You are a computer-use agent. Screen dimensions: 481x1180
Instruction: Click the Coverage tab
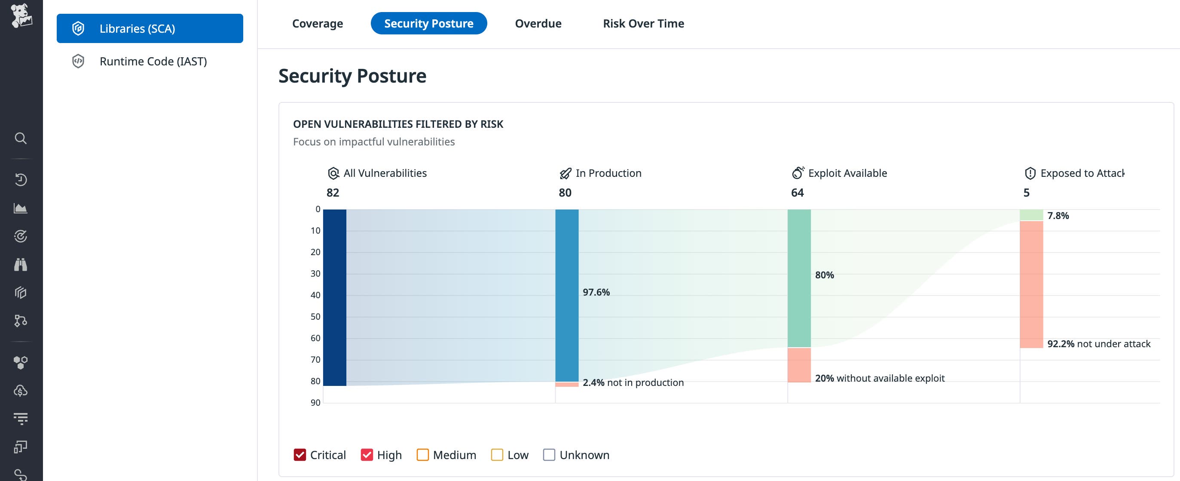(318, 23)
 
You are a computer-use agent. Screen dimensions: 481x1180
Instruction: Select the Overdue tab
(538, 23)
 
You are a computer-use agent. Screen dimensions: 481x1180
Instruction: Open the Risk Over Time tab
(643, 23)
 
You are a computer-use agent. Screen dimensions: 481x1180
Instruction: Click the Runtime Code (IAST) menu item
(153, 61)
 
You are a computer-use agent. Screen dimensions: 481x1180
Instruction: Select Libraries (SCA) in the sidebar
(150, 28)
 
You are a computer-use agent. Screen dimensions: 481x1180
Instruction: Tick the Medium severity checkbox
(422, 454)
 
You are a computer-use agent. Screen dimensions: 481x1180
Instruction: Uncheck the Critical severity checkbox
(300, 454)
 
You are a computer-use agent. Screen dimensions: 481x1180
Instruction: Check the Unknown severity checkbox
(549, 454)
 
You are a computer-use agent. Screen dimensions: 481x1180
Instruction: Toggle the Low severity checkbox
(497, 454)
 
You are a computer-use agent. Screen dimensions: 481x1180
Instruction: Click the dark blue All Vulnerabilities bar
(334, 297)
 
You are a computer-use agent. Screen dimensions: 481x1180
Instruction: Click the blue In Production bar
(567, 295)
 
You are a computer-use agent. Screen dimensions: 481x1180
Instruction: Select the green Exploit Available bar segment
(799, 278)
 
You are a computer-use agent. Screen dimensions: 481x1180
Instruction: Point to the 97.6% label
(596, 292)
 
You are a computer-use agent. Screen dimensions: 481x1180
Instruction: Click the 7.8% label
(1058, 216)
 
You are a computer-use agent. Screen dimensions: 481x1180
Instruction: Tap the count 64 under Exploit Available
(797, 193)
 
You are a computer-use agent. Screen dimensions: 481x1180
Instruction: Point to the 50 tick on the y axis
(315, 316)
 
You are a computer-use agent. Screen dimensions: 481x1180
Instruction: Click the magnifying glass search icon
(21, 138)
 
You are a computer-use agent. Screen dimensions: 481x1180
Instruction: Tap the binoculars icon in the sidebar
(21, 265)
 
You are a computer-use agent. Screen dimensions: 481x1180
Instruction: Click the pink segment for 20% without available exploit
(799, 364)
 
